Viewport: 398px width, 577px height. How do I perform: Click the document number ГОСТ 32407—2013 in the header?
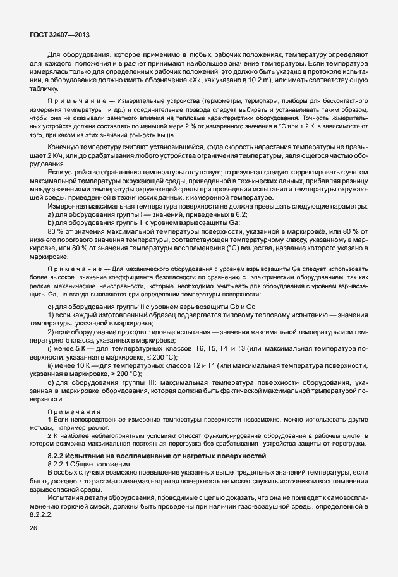(x=63, y=34)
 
